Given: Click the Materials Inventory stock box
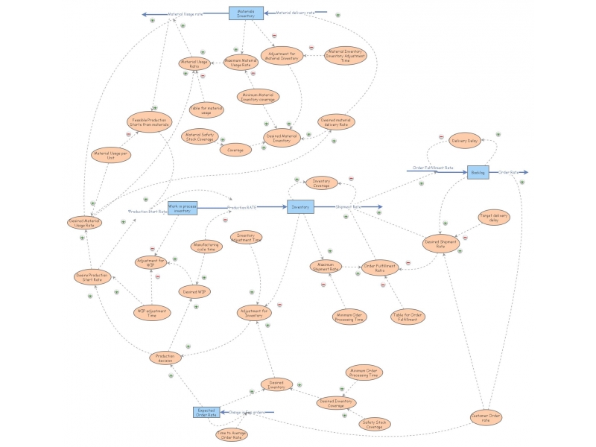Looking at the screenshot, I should coord(246,13).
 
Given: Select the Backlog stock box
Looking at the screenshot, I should coord(478,172).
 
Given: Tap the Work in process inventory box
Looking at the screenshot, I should coord(183,208).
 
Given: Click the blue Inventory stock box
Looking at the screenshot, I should coord(300,207).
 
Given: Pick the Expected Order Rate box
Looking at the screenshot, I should coord(206,412).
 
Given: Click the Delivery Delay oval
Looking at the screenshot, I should coord(465,140).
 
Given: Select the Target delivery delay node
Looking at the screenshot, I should coord(494,218).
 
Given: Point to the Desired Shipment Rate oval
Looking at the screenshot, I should coord(440,243).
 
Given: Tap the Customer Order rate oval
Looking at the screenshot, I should coord(486,418).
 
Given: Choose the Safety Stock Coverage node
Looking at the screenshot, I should coord(375,424).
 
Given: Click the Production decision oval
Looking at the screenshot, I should coord(165,358).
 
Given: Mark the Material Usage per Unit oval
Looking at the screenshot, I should coord(111,156).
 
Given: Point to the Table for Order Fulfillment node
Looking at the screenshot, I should coord(408,317).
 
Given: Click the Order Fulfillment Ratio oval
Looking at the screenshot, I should coord(380,267).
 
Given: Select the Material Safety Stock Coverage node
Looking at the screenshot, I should coord(199,136).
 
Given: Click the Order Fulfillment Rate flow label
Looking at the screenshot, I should coord(433,168).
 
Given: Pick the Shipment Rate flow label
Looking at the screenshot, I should coord(348,207).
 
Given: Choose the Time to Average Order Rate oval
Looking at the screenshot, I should coord(231,434).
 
